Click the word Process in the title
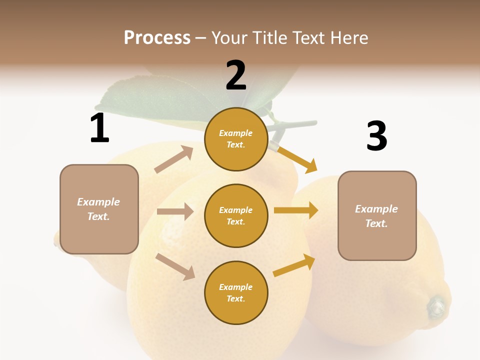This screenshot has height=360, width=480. click(x=157, y=37)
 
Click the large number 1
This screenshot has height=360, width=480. click(x=99, y=128)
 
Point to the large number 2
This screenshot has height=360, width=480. click(x=236, y=75)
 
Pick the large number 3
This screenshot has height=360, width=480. click(x=377, y=136)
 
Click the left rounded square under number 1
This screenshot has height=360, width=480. click(x=99, y=209)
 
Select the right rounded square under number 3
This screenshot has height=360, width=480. click(x=377, y=215)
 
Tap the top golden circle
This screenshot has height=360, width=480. click(x=236, y=139)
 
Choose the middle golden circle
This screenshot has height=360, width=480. click(x=236, y=215)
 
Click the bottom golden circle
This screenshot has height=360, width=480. click(x=236, y=292)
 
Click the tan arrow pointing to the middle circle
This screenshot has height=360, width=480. click(x=175, y=211)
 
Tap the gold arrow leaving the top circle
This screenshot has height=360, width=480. click(x=297, y=159)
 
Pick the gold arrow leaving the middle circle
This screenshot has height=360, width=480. click(x=296, y=210)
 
